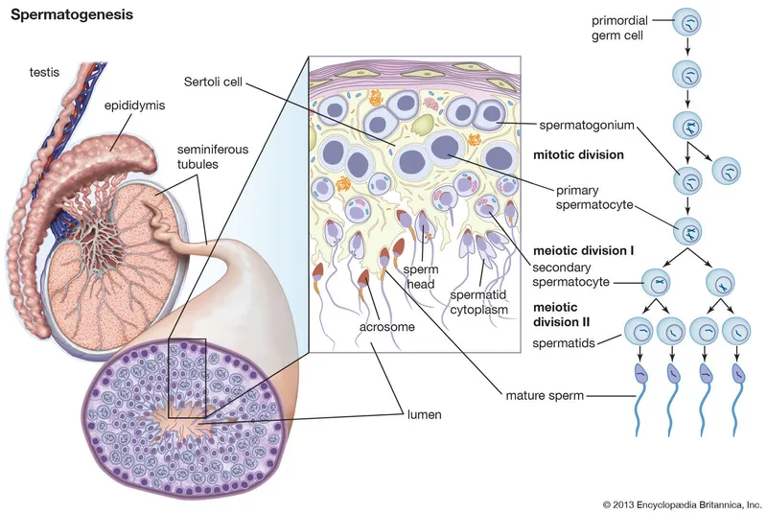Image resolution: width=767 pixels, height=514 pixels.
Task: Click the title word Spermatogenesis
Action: pyautogui.click(x=72, y=16)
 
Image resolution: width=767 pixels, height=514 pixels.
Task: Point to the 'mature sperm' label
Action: pyautogui.click(x=546, y=393)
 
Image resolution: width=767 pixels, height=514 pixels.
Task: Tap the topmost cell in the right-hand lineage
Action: pyautogui.click(x=689, y=20)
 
